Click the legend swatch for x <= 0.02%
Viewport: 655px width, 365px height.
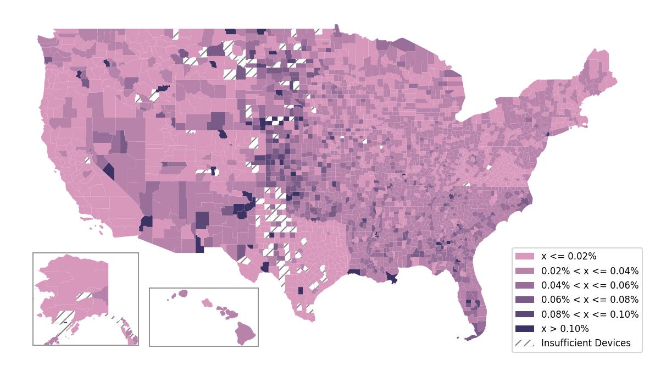point(524,256)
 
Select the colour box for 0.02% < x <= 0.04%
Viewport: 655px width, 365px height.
point(524,270)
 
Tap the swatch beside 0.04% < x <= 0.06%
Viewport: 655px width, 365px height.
point(524,285)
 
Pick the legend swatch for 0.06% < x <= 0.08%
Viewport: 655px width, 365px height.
point(524,300)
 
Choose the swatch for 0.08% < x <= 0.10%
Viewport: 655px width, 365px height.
point(524,314)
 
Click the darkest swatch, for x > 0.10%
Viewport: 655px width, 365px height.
point(524,329)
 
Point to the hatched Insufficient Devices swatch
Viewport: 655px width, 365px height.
point(524,343)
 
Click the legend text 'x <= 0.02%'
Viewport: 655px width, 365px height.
point(569,256)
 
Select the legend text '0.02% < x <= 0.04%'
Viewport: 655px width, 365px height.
point(590,270)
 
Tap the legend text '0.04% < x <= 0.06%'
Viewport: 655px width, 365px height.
point(590,285)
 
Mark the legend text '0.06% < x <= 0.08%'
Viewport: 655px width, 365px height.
point(590,300)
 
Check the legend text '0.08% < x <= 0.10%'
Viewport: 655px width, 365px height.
point(590,314)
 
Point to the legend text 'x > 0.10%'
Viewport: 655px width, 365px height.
point(565,329)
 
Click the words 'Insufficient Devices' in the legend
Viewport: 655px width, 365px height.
point(586,343)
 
